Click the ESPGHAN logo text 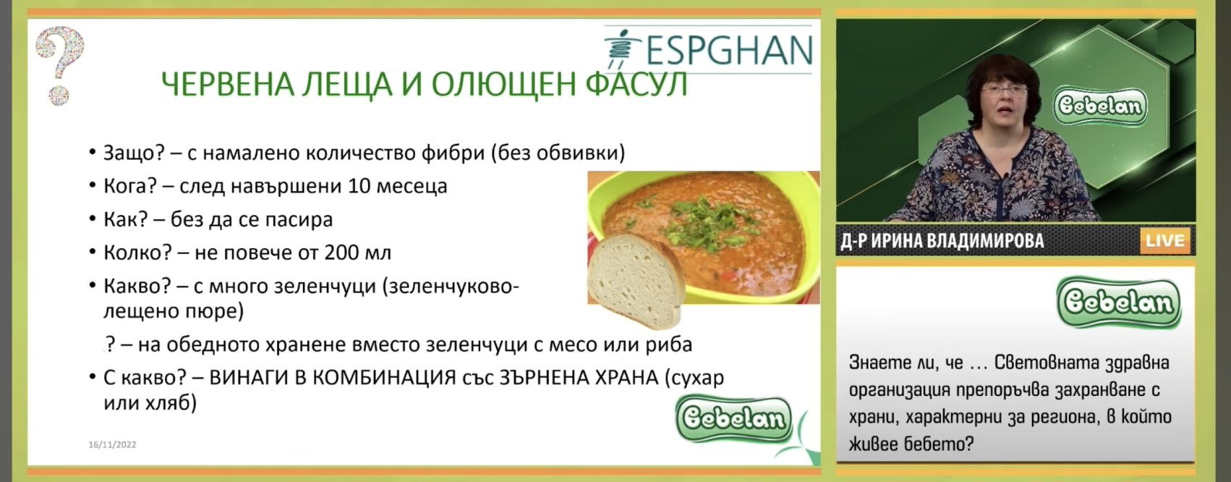[x=729, y=49]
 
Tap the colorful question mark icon [x=59, y=65]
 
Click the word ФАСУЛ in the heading [x=636, y=84]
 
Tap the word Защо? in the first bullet [x=134, y=153]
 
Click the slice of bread [x=635, y=280]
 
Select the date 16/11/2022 [x=112, y=444]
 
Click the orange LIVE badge [x=1165, y=241]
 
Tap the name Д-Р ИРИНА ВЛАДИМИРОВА [x=942, y=241]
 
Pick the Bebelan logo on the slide [x=733, y=419]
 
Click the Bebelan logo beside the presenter [x=1099, y=106]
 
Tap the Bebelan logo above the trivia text [x=1119, y=303]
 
